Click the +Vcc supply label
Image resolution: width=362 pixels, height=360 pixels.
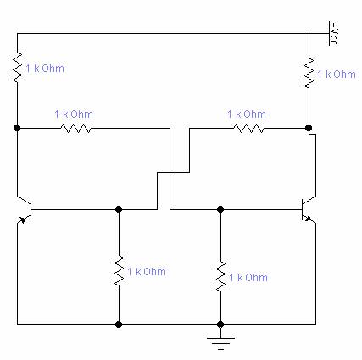pyautogui.click(x=333, y=33)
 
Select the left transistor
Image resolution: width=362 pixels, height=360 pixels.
pyautogui.click(x=25, y=209)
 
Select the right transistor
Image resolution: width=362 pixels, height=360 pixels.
pyautogui.click(x=309, y=209)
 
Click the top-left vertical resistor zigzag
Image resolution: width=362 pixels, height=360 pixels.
pyautogui.click(x=17, y=67)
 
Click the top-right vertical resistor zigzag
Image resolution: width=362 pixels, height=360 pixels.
pyautogui.click(x=309, y=73)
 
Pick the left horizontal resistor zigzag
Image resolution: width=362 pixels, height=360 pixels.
pyautogui.click(x=75, y=129)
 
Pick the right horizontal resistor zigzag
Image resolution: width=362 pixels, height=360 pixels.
pyautogui.click(x=248, y=129)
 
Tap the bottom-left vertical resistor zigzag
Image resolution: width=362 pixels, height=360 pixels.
pyautogui.click(x=119, y=270)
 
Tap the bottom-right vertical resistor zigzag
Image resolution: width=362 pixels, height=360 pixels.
pyautogui.click(x=220, y=276)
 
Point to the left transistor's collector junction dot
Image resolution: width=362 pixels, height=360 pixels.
pyautogui.click(x=17, y=128)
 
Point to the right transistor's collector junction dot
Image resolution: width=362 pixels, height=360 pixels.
pyautogui.click(x=309, y=128)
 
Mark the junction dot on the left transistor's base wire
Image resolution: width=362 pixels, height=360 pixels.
pyautogui.click(x=119, y=209)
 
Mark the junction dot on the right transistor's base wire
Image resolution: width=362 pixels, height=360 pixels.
pyautogui.click(x=220, y=209)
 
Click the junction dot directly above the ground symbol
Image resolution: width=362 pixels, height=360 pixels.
pyautogui.click(x=220, y=324)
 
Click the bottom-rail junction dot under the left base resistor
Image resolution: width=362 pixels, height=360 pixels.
pyautogui.click(x=119, y=324)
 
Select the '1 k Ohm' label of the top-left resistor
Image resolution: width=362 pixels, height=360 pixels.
pyautogui.click(x=45, y=69)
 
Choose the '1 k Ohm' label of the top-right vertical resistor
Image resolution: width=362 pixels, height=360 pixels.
pyautogui.click(x=337, y=75)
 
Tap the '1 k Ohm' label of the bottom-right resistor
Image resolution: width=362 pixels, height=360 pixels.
pyautogui.click(x=248, y=278)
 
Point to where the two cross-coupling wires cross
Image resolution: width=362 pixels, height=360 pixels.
pyautogui.click(x=170, y=172)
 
